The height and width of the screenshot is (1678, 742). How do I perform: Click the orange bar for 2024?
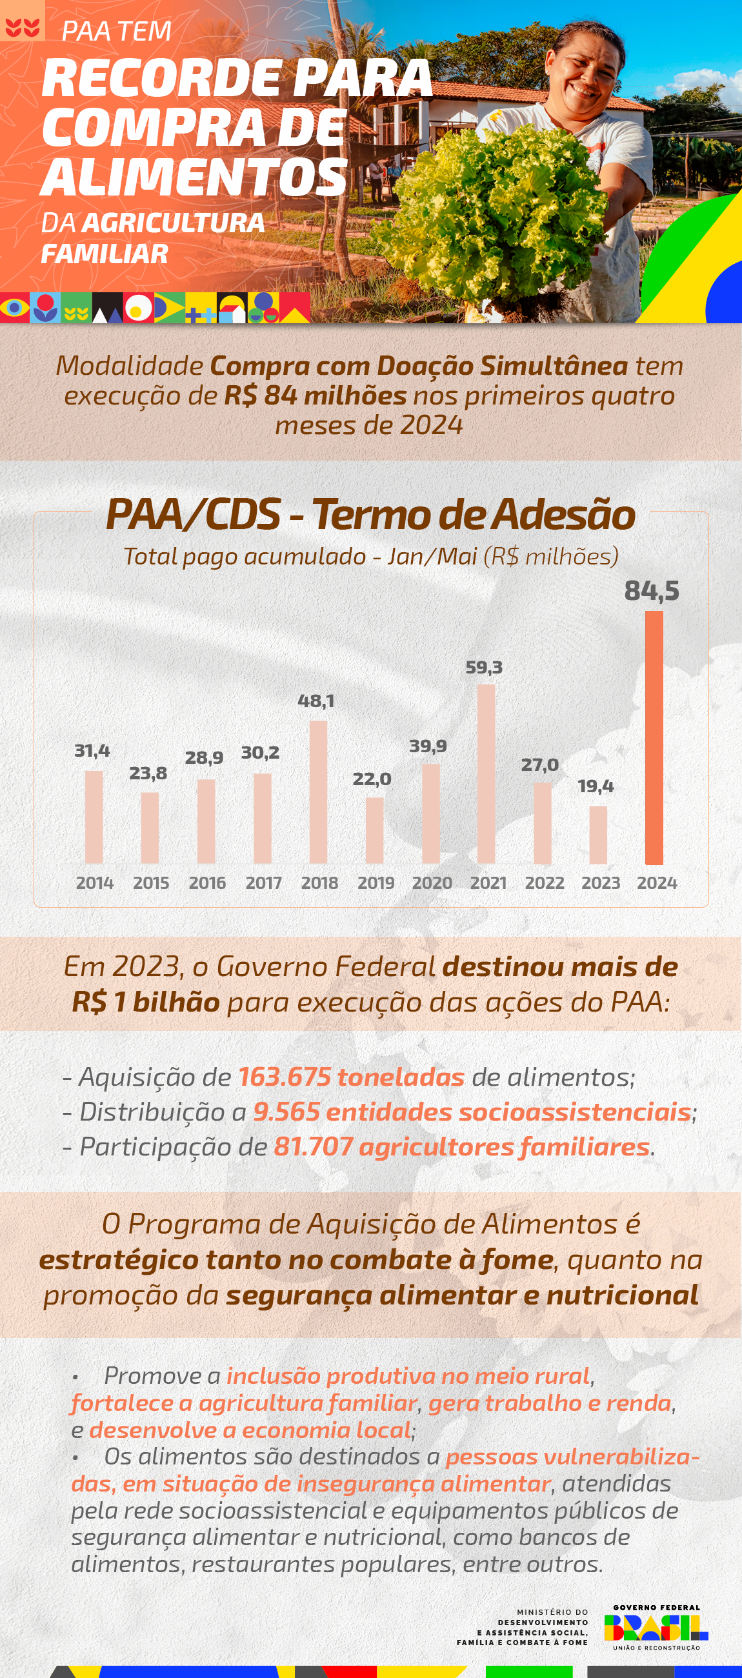point(654,737)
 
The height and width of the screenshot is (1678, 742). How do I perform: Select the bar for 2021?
point(486,774)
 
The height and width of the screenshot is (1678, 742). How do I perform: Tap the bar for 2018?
point(318,792)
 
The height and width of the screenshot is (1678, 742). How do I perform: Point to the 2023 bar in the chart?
point(598,835)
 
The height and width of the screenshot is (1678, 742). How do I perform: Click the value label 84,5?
point(652,591)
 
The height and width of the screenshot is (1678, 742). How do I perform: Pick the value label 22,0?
point(372,779)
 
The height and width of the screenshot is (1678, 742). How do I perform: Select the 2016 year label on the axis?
point(207,883)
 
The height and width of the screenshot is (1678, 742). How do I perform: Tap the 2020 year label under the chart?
point(432,883)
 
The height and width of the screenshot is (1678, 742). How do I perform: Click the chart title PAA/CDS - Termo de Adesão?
point(370,515)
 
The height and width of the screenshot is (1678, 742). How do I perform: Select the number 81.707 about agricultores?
point(314,1147)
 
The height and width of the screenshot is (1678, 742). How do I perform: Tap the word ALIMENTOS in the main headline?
point(194,177)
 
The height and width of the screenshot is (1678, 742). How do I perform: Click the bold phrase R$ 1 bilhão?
point(146,1002)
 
